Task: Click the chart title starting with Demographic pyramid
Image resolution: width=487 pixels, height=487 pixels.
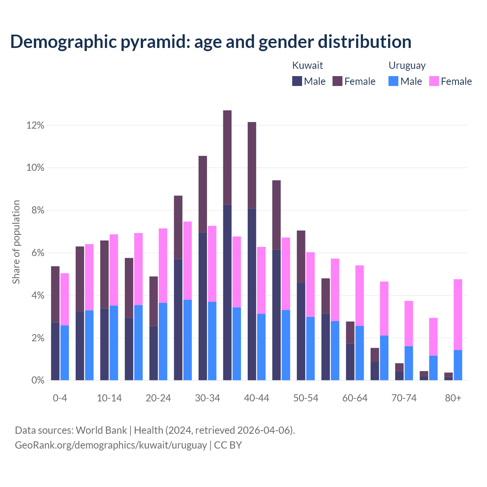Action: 210,42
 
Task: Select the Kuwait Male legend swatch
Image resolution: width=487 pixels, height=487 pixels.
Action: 297,81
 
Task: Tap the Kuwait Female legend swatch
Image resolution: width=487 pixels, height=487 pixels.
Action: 337,81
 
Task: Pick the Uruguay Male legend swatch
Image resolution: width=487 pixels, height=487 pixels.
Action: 393,81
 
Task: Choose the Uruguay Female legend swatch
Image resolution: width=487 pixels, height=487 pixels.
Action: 434,81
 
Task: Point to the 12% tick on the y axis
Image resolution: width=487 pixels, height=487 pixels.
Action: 35,125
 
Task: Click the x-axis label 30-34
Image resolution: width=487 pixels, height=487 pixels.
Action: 207,398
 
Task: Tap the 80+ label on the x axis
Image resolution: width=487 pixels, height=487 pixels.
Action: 453,398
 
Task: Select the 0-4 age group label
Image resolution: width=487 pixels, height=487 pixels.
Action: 60,398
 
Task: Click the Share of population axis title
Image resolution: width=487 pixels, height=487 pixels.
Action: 16,242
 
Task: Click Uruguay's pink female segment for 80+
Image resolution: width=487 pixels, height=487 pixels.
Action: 458,314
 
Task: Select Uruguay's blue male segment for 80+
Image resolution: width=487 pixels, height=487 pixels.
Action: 458,365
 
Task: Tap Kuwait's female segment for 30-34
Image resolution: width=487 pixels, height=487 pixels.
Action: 203,194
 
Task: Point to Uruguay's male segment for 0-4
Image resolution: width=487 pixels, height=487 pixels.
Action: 65,353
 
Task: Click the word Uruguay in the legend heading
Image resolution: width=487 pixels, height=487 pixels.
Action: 407,65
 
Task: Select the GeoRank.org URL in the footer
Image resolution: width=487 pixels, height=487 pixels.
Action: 111,445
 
